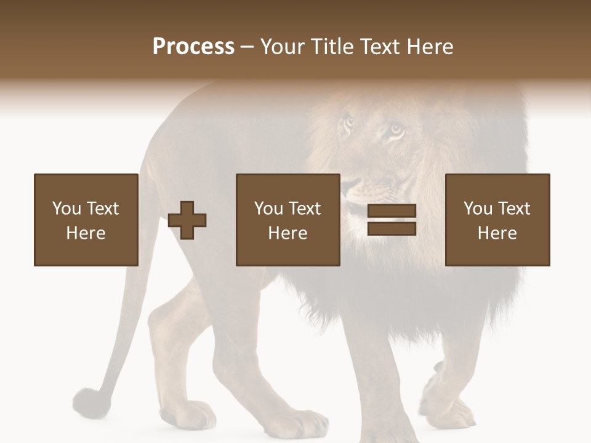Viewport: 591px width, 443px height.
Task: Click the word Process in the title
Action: (x=193, y=47)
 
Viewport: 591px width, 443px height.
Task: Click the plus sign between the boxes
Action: (x=187, y=220)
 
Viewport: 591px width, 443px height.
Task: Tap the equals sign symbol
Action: (x=392, y=220)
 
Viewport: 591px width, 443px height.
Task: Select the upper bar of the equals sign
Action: (x=392, y=211)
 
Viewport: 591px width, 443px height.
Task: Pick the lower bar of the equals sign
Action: (x=392, y=228)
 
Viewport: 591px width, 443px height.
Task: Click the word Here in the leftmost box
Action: (x=86, y=233)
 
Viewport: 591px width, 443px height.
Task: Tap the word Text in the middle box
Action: (x=305, y=209)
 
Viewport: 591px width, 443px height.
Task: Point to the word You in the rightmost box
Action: (x=478, y=209)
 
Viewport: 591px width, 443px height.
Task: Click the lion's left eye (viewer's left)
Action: (x=349, y=121)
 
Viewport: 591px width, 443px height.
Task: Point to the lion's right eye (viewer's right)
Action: (x=395, y=130)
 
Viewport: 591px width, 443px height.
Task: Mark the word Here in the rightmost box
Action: (x=497, y=233)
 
